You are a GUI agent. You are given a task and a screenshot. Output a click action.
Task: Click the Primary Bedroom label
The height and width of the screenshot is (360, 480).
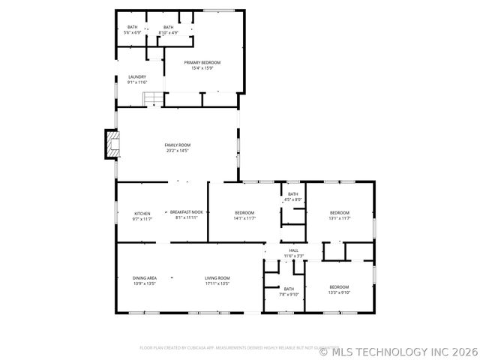[202, 62]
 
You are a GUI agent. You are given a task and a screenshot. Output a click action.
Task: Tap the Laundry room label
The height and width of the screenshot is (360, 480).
[136, 76]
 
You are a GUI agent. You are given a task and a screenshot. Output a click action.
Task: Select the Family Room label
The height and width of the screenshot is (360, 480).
[178, 145]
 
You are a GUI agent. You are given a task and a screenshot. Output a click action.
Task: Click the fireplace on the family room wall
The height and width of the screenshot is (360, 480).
[111, 145]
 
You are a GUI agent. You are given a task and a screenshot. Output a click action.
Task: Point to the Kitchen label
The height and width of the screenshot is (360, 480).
[142, 212]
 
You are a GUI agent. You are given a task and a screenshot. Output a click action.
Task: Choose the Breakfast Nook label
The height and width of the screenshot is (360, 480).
[186, 212]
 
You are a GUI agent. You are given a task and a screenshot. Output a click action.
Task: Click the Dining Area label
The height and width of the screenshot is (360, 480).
[144, 278]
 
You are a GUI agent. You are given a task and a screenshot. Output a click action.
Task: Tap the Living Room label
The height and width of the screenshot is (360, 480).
[217, 278]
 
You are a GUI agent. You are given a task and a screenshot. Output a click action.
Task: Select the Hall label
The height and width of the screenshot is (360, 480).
[293, 250]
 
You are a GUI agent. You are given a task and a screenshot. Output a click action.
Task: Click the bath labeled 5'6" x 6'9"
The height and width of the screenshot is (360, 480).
[133, 27]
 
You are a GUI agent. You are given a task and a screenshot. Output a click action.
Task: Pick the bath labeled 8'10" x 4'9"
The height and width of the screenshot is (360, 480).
[169, 27]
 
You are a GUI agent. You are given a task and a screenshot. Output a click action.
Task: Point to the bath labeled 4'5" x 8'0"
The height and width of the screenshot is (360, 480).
[292, 193]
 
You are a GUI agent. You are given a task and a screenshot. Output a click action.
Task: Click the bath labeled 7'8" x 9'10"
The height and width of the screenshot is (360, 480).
[289, 288]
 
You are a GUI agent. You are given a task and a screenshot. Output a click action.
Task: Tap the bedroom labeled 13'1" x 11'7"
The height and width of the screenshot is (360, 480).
[340, 212]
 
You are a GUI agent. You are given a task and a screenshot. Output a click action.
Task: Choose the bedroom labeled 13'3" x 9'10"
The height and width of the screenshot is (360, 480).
[339, 286]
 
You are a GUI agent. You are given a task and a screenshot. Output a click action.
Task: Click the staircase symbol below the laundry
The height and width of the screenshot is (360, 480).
[153, 98]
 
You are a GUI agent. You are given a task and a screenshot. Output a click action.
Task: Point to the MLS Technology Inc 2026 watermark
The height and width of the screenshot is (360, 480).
[397, 350]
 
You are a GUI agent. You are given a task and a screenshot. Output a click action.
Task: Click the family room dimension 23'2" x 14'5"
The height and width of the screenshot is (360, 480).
[178, 151]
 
